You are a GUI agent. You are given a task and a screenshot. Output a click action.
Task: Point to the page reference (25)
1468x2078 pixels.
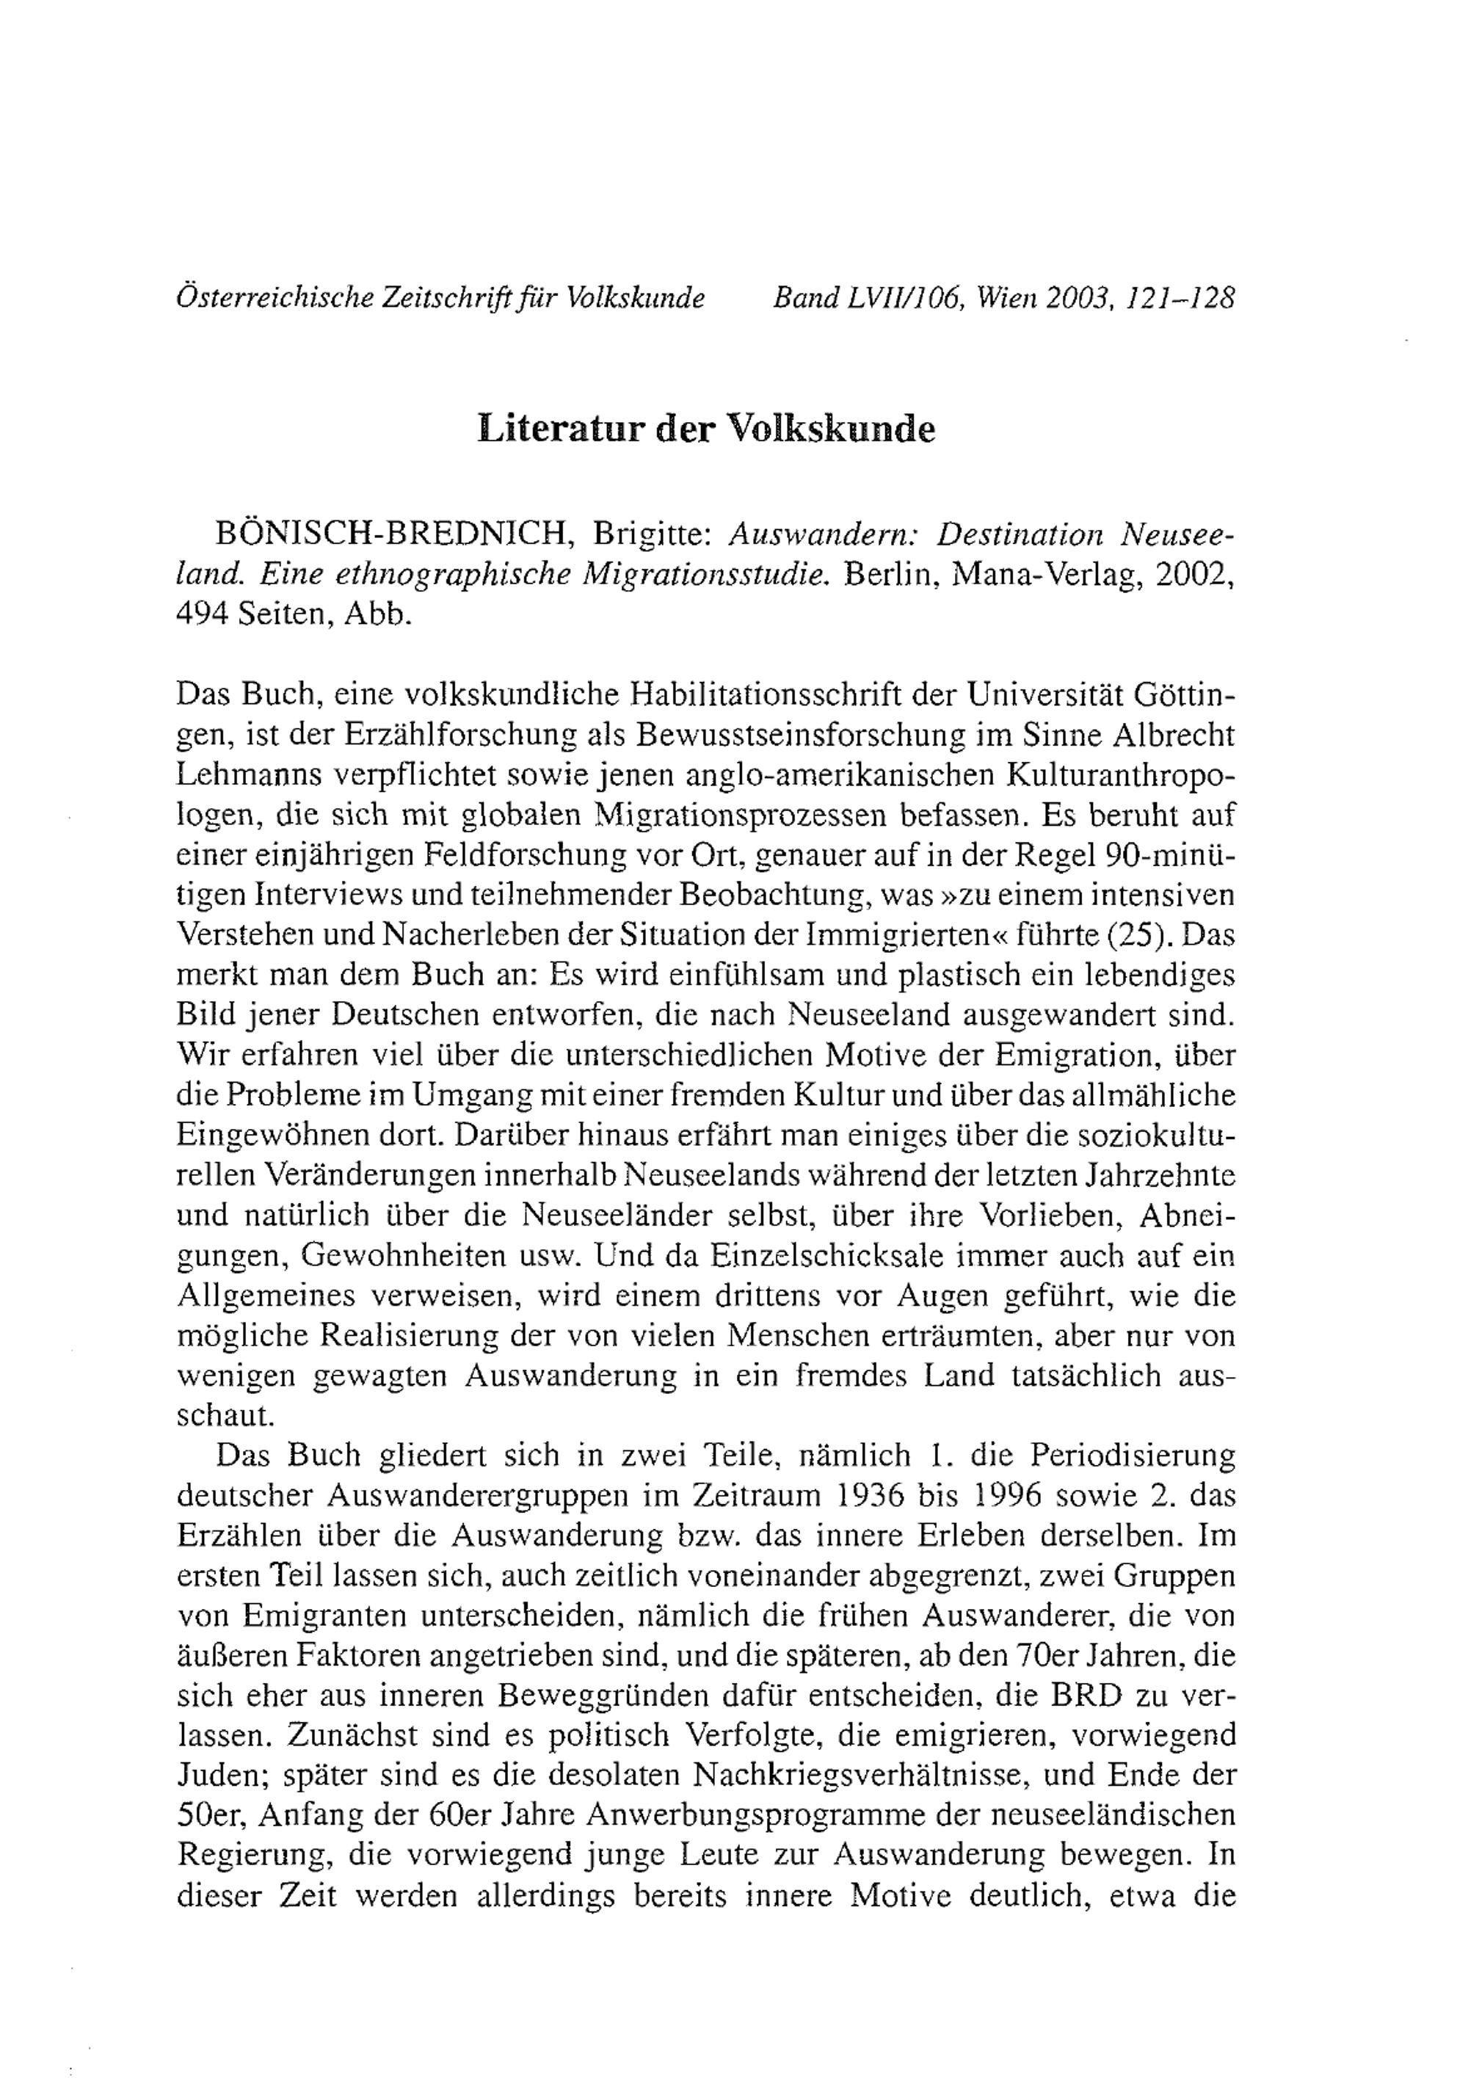(1135, 935)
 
